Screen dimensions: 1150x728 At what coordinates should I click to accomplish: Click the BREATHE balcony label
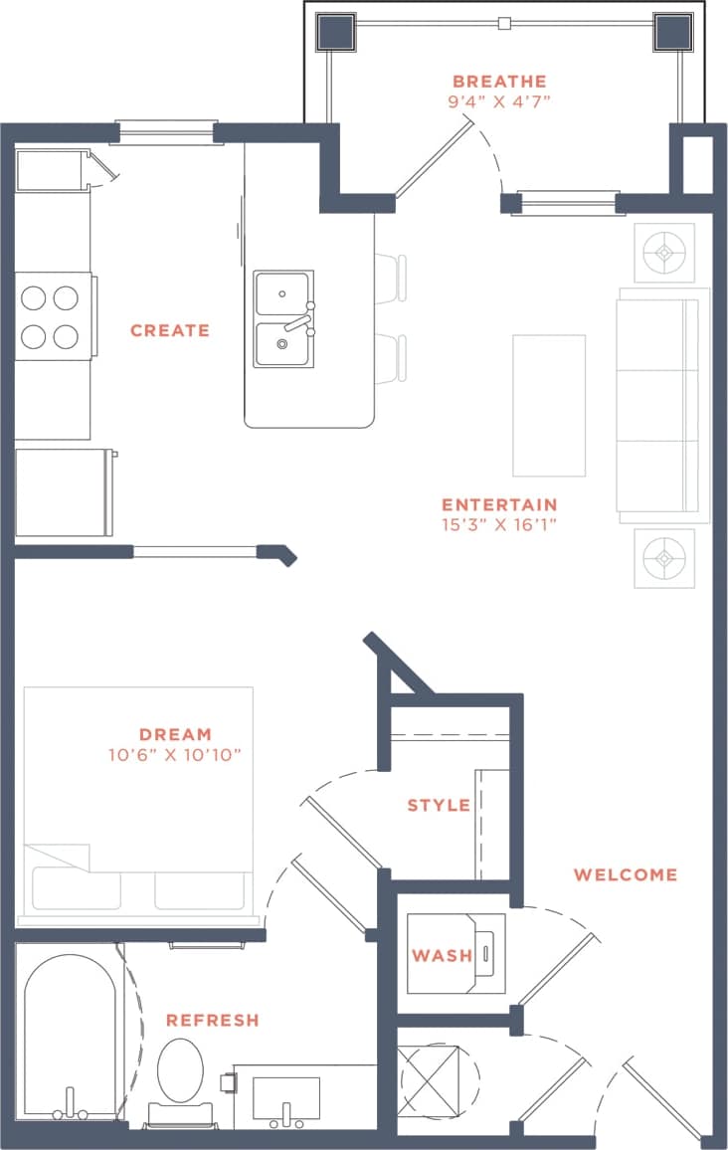[498, 82]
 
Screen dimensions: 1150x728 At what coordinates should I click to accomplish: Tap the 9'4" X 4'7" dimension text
[498, 100]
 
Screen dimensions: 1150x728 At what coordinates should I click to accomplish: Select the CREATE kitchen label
[170, 330]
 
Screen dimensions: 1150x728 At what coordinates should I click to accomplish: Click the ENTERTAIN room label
[499, 504]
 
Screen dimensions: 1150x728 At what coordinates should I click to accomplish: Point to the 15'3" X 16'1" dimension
[499, 524]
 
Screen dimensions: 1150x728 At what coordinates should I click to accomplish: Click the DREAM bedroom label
[175, 735]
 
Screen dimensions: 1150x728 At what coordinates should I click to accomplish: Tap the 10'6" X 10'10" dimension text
[175, 755]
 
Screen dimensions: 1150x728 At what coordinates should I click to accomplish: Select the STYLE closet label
[439, 805]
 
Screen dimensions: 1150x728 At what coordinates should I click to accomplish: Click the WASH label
[443, 956]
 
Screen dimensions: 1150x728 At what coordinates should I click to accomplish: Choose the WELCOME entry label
[626, 875]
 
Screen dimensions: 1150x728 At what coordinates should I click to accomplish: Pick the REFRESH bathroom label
[212, 1021]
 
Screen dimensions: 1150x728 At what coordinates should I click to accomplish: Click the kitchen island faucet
[295, 321]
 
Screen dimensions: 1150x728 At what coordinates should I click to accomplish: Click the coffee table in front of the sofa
[549, 405]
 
